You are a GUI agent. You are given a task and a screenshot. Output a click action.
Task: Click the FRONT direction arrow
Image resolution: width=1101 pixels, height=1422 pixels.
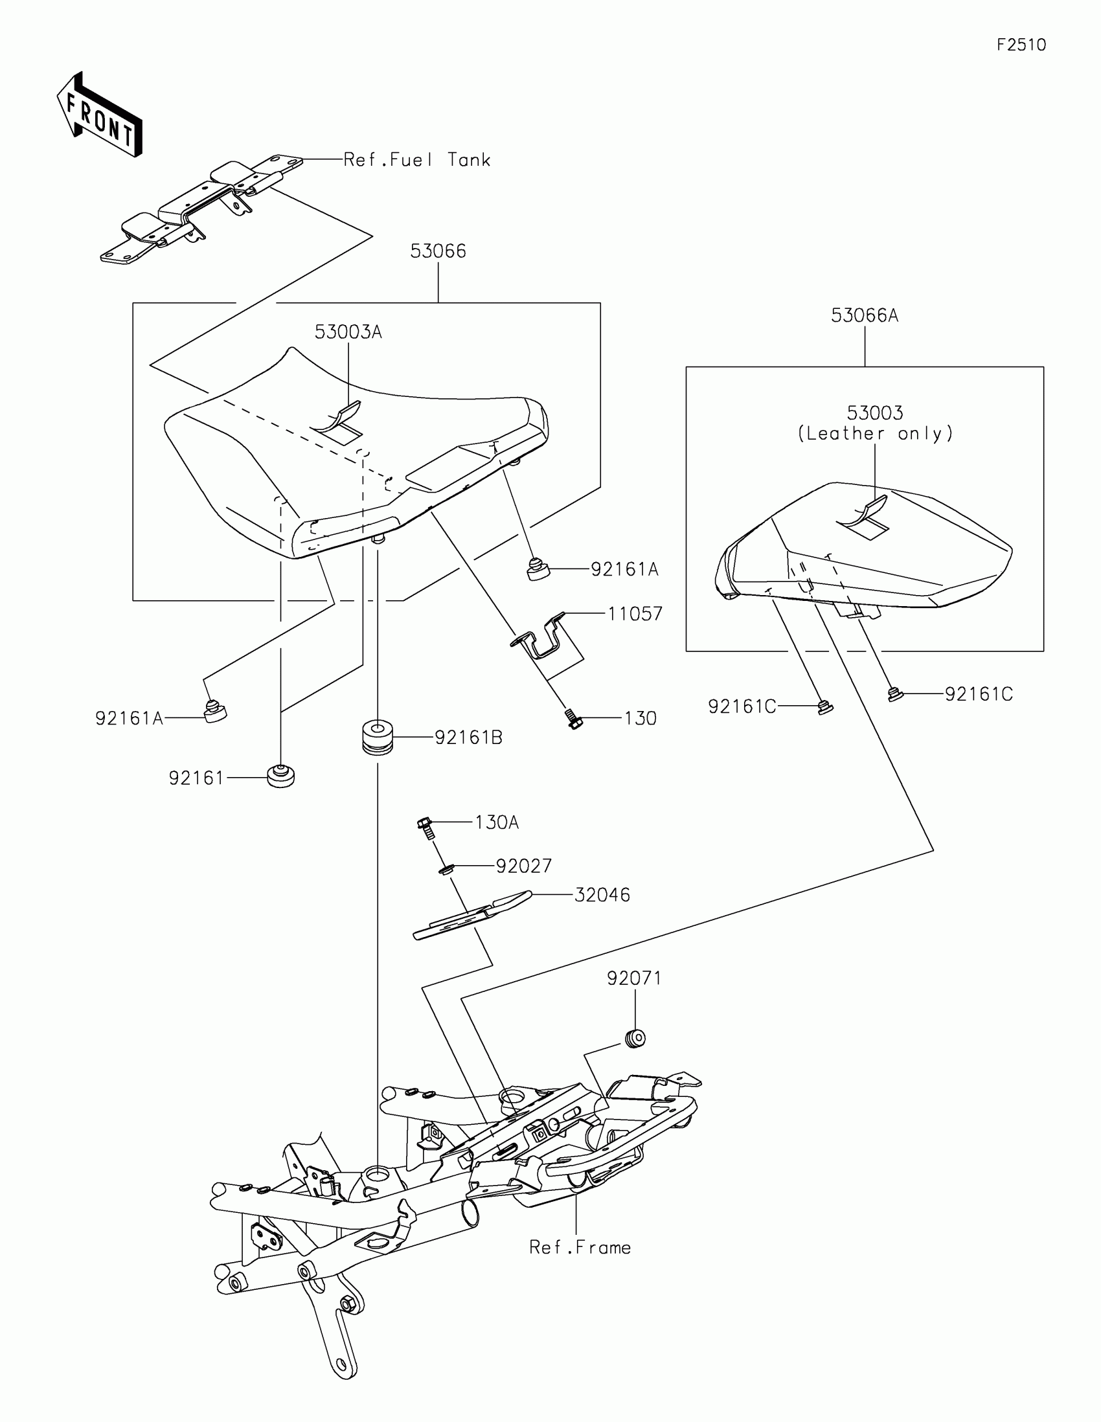point(99,115)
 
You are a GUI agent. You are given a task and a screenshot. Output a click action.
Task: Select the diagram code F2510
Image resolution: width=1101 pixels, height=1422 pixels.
point(1021,45)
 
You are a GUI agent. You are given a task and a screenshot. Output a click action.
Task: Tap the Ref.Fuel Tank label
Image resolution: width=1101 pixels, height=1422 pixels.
point(416,160)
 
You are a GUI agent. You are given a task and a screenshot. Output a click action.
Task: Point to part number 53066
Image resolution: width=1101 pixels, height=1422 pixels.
point(438,251)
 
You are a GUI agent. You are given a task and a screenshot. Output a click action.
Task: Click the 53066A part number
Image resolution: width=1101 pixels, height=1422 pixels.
point(864,316)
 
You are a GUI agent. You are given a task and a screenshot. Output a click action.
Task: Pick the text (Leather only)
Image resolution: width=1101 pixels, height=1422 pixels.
point(875,434)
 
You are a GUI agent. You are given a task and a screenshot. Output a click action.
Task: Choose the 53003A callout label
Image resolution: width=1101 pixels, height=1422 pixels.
point(348,332)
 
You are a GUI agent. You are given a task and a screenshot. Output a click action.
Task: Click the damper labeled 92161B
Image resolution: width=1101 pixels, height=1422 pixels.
point(378,736)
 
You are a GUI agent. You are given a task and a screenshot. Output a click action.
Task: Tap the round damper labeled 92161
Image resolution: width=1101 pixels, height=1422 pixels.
point(280,777)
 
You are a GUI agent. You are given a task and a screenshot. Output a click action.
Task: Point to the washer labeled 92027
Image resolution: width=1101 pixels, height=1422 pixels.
point(446,869)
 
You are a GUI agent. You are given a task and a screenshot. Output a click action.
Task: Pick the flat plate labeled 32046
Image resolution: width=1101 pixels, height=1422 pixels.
point(472,915)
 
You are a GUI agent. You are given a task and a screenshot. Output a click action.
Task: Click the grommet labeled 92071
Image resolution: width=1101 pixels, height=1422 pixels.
point(635,1038)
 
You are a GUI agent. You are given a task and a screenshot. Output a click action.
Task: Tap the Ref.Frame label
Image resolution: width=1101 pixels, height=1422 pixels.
point(580,1248)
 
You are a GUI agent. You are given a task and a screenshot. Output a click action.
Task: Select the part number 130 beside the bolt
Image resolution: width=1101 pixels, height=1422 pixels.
point(640,718)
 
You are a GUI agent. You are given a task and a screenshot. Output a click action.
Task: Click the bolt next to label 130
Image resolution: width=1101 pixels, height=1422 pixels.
point(573,719)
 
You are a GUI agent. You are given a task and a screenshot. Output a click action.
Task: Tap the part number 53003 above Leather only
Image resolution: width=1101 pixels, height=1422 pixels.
point(874,412)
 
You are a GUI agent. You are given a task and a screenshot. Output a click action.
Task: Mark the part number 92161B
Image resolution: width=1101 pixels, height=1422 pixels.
point(468,738)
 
